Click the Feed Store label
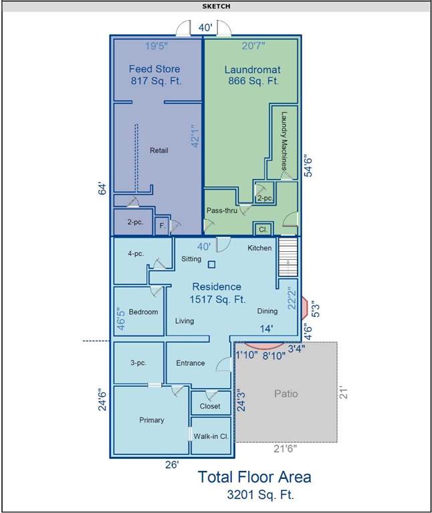tap(154, 69)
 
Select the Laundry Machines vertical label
tap(284, 141)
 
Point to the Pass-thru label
tap(222, 210)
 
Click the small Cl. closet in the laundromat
tap(263, 229)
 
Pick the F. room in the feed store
tap(163, 226)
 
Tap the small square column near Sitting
tap(211, 265)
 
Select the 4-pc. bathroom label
tap(136, 254)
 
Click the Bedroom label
tap(143, 312)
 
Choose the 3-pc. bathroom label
tap(138, 363)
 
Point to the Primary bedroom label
tap(151, 420)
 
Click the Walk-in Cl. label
tap(211, 436)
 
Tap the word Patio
tap(286, 393)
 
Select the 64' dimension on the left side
tap(103, 190)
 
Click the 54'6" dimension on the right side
tap(308, 166)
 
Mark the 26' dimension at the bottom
tap(172, 465)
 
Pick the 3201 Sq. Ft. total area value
tap(260, 494)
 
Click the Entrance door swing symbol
tap(224, 364)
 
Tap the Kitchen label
tap(259, 248)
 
